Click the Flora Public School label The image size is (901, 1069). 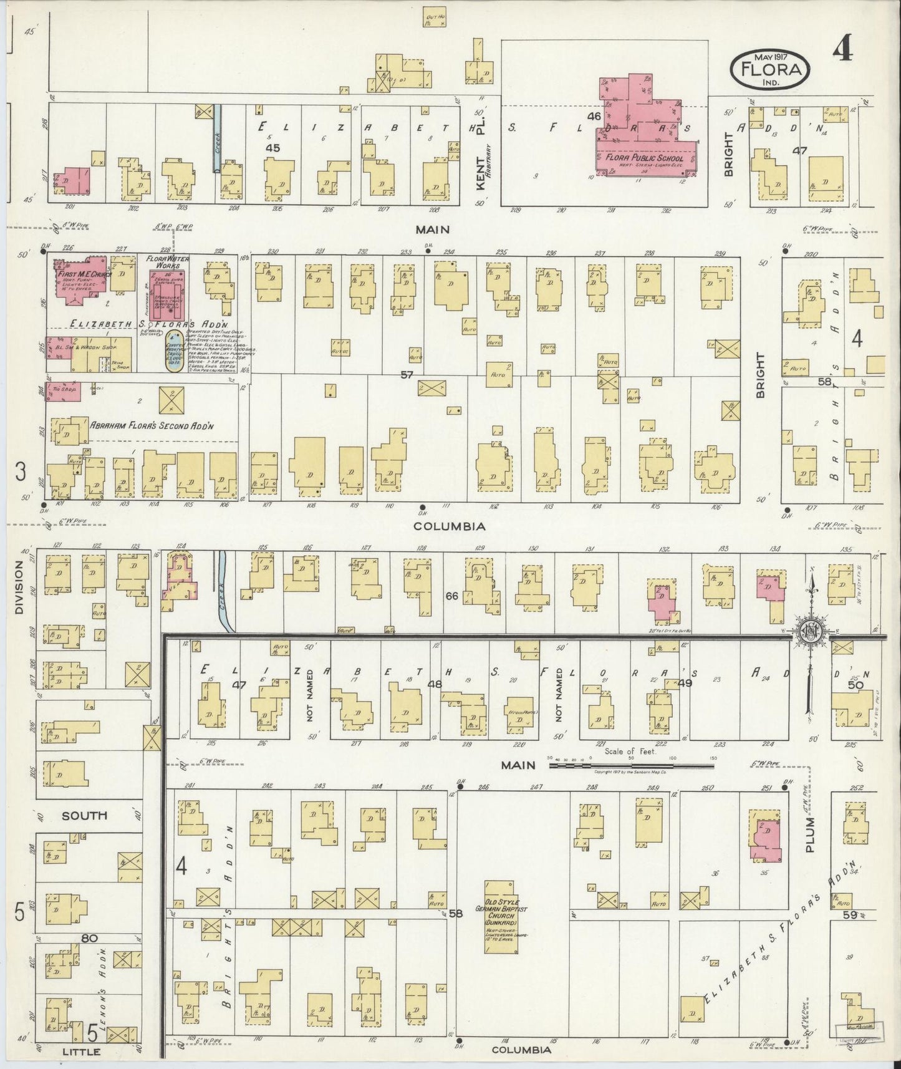(x=644, y=158)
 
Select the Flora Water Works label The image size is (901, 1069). (x=168, y=262)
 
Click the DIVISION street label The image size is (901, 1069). (x=19, y=588)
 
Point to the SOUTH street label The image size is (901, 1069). (x=84, y=815)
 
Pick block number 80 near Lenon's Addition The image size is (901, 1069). (x=89, y=937)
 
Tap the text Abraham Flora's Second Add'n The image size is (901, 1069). (x=152, y=426)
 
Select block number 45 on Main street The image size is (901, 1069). (x=272, y=148)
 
